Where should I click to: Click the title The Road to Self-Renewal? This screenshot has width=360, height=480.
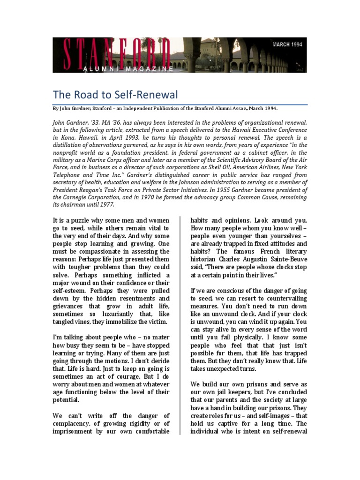(x=115, y=95)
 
